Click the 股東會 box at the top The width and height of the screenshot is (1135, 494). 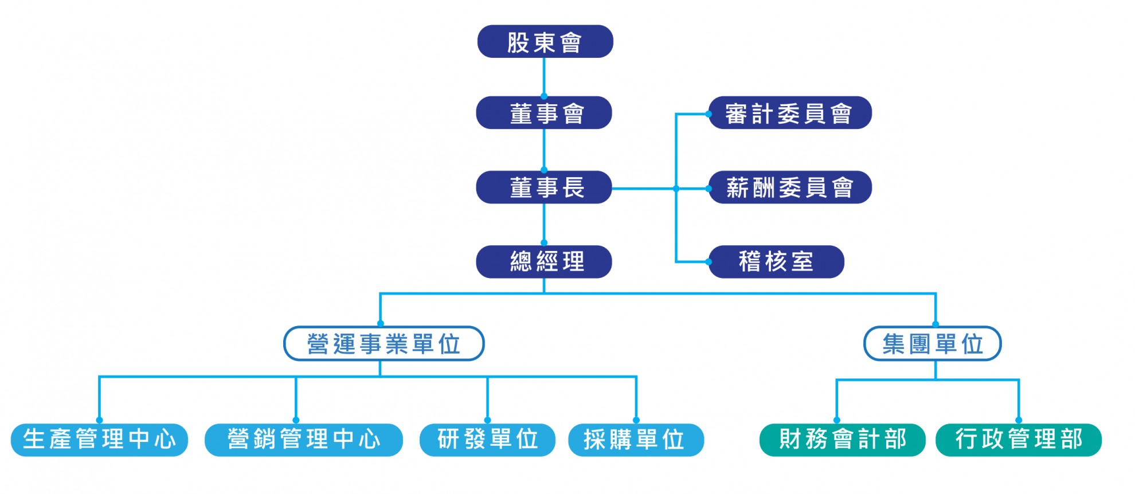point(545,41)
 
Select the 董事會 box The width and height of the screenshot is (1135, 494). point(544,113)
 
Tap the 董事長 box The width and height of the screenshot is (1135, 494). point(544,187)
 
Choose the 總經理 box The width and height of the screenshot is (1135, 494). point(544,262)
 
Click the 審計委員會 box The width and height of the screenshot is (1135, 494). point(790,113)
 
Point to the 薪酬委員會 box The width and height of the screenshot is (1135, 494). point(790,187)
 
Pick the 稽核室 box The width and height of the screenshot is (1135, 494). point(776,262)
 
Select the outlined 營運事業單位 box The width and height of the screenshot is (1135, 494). point(384,344)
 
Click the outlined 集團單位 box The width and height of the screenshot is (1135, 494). point(932,344)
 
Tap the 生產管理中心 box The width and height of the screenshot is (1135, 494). point(100,440)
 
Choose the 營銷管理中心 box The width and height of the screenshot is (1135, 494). point(304,440)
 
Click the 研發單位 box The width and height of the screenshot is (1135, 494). point(487,440)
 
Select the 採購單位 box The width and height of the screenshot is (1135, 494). point(636,440)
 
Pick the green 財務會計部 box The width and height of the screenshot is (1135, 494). point(842,440)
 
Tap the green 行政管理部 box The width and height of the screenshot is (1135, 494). point(1018,440)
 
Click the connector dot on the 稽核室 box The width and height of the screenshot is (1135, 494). point(709,262)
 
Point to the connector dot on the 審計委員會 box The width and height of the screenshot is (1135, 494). point(709,114)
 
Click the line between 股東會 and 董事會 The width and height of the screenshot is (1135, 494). point(544,76)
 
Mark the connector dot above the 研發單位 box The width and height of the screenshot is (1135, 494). point(487,420)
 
